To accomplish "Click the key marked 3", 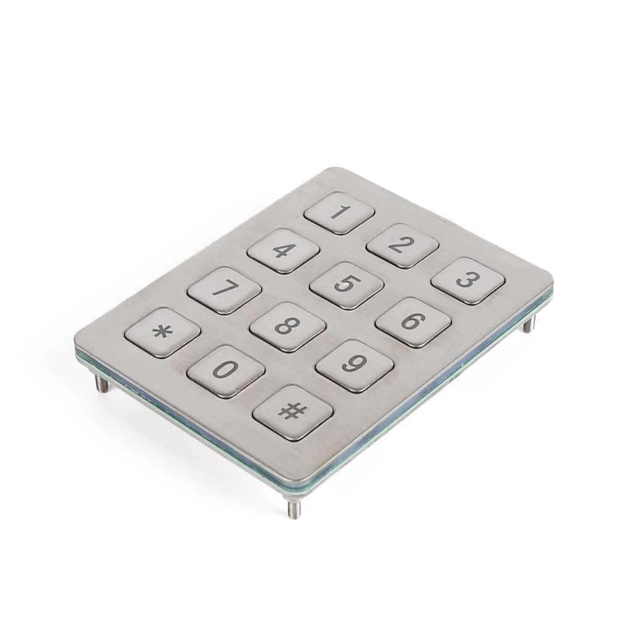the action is click(468, 280).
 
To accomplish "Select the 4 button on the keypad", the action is click(284, 250).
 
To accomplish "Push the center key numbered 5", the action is click(347, 285).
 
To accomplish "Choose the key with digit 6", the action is click(413, 322).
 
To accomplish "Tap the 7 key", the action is click(224, 290).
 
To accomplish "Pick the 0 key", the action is click(226, 371).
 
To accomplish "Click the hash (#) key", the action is click(293, 412).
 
